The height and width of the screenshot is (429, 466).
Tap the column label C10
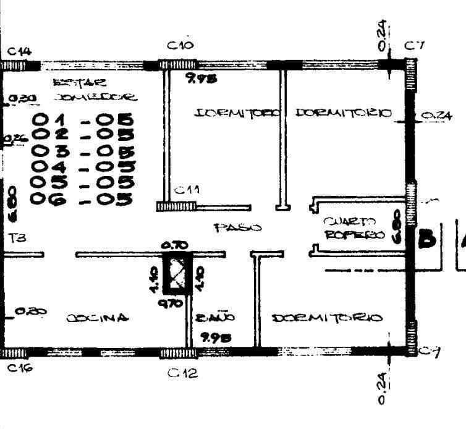[180, 46]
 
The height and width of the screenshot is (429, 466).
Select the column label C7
[413, 46]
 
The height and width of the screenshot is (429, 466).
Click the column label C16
[20, 368]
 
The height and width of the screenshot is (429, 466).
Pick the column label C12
[183, 373]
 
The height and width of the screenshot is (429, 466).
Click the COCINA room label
[98, 318]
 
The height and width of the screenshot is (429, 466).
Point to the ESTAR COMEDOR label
[95, 90]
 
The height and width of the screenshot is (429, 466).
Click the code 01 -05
[83, 119]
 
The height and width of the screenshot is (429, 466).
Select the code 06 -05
[83, 199]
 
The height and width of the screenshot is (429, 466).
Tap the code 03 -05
[83, 151]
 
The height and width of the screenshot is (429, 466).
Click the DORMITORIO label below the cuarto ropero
[327, 318]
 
